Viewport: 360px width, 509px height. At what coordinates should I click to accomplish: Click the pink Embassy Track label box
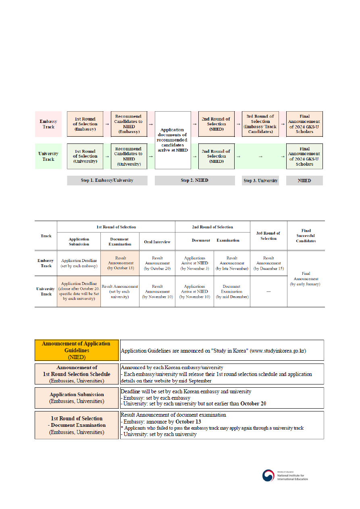pyautogui.click(x=48, y=124)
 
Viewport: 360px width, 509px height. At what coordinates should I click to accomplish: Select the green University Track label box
pyautogui.click(x=48, y=156)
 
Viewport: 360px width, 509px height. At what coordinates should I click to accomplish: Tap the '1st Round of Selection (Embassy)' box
pyautogui.click(x=85, y=124)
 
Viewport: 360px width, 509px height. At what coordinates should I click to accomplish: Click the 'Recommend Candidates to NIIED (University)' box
pyautogui.click(x=129, y=156)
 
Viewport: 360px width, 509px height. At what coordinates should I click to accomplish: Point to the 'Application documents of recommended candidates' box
pyautogui.click(x=173, y=140)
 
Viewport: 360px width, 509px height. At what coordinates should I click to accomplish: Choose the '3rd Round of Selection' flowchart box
pyautogui.click(x=260, y=124)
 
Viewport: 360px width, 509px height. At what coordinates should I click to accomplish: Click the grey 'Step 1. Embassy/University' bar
pyautogui.click(x=107, y=181)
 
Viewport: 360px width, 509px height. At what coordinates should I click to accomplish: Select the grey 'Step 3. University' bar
pyautogui.click(x=260, y=181)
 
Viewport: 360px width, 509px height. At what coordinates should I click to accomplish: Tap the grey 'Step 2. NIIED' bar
pyautogui.click(x=194, y=181)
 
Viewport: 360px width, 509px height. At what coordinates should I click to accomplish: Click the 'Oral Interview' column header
pyautogui.click(x=157, y=242)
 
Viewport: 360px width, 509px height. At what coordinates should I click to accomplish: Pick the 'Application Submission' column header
pyautogui.click(x=79, y=241)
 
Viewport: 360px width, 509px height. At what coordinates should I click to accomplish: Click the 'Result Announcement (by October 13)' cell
pyautogui.click(x=120, y=263)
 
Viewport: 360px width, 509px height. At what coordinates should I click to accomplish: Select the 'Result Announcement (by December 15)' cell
pyautogui.click(x=268, y=263)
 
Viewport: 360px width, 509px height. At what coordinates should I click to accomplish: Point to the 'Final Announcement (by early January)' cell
pyautogui.click(x=306, y=278)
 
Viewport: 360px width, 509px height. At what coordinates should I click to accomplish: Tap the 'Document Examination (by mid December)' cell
pyautogui.click(x=232, y=291)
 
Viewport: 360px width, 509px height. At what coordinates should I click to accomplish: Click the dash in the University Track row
pyautogui.click(x=268, y=291)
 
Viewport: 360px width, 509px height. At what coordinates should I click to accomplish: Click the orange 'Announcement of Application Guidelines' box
pyautogui.click(x=76, y=350)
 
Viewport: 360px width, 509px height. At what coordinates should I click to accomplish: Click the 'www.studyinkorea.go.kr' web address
pyautogui.click(x=277, y=351)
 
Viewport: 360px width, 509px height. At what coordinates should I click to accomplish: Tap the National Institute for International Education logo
pyautogui.click(x=285, y=476)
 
